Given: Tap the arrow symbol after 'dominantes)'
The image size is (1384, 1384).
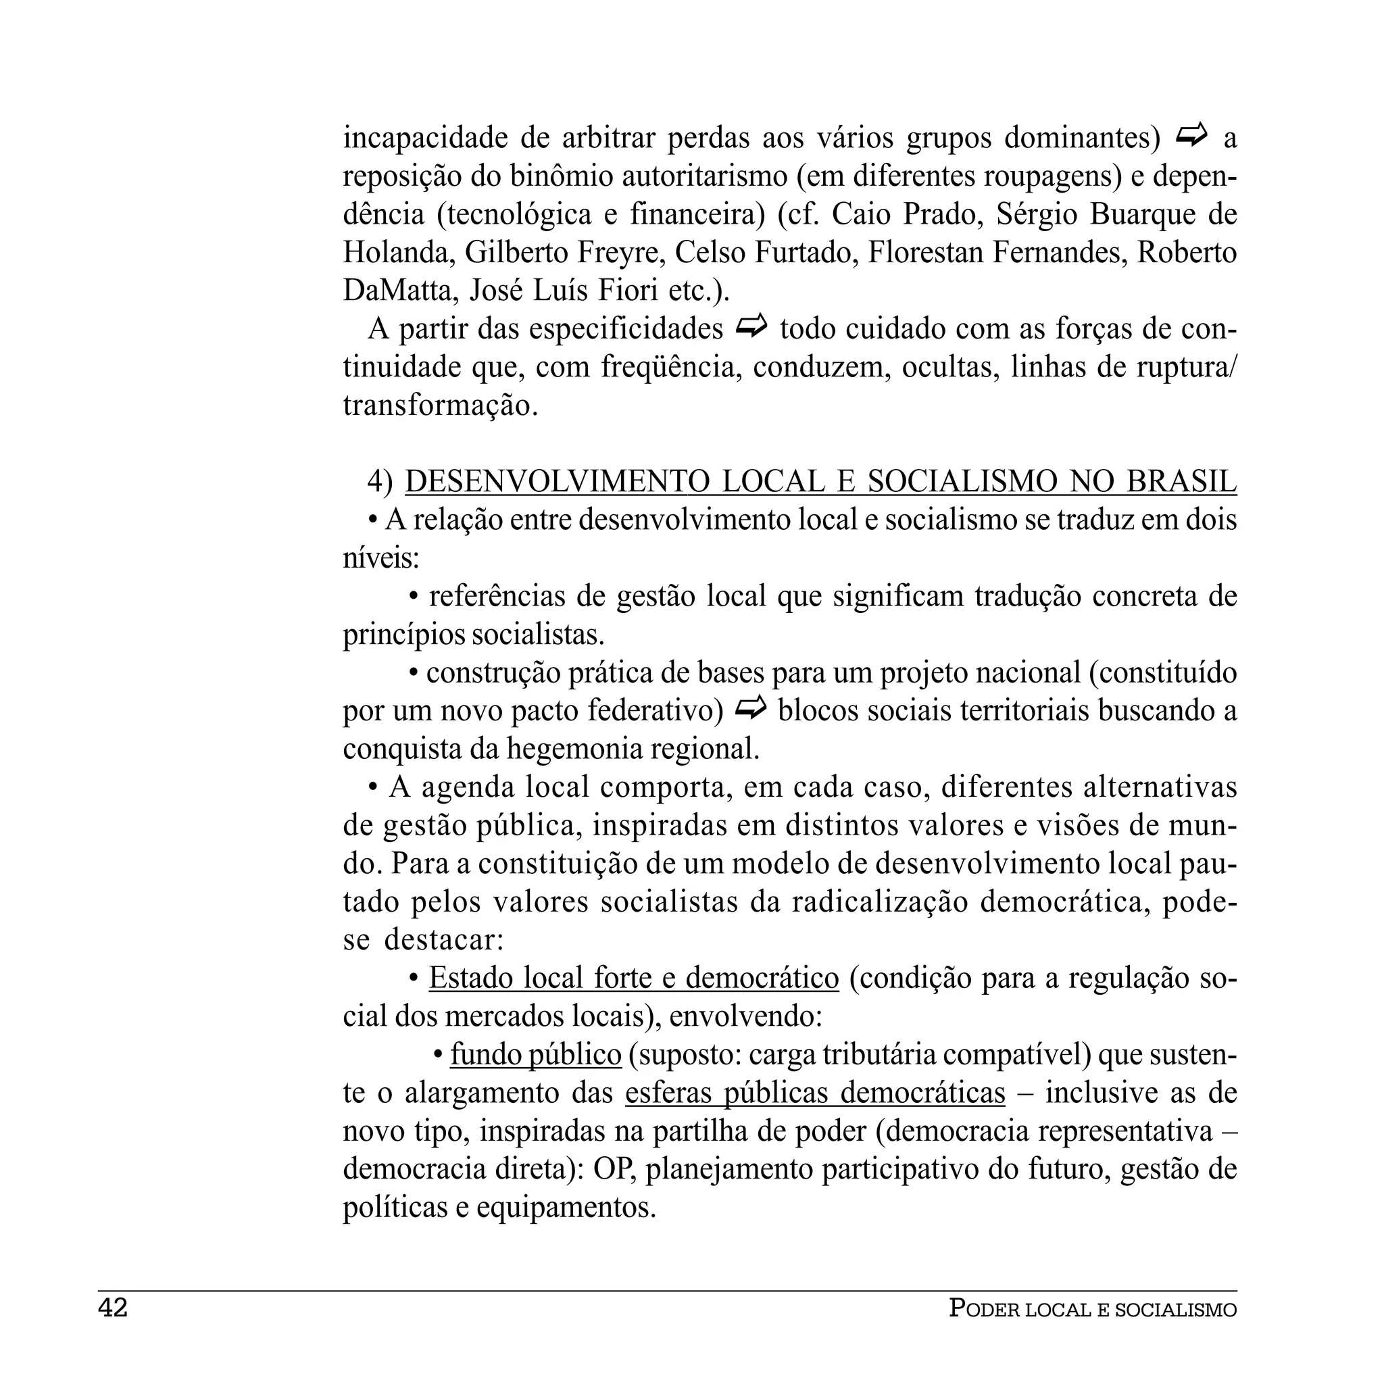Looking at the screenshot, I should (x=1191, y=134).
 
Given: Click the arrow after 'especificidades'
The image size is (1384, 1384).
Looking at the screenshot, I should (x=751, y=327).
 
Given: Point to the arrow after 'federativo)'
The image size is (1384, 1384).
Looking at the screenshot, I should (x=750, y=708).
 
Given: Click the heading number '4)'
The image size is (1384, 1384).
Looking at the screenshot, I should (x=380, y=481).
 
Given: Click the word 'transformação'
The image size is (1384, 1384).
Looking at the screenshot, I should (x=439, y=405).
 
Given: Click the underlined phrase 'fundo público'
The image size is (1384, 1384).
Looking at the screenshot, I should (x=536, y=1054).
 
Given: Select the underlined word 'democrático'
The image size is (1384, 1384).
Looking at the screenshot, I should (x=762, y=978).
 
